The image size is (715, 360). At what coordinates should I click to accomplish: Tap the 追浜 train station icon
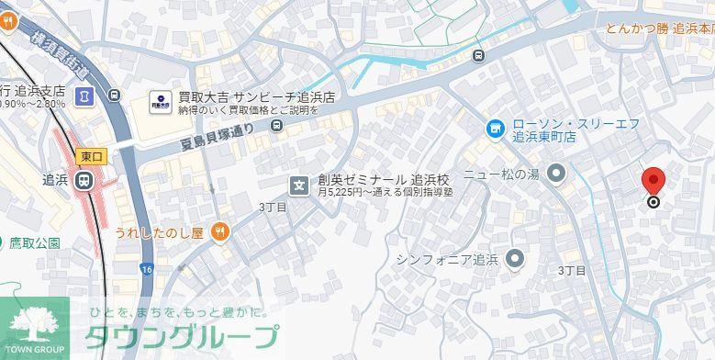pos(84,180)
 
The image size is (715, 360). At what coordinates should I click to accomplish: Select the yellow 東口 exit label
pos(90,156)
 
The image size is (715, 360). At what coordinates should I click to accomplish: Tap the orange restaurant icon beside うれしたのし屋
pos(218,231)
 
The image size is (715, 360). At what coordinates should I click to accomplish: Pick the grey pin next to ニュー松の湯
pos(555,172)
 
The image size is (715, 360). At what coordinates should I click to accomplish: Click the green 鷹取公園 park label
pos(35,243)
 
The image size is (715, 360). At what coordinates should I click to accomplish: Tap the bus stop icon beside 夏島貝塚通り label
pos(277,126)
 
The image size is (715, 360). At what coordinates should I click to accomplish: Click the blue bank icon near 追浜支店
pos(84,95)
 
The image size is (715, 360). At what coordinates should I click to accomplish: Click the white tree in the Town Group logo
pos(34,324)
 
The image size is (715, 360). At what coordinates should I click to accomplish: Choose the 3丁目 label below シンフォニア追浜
pos(572,271)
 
